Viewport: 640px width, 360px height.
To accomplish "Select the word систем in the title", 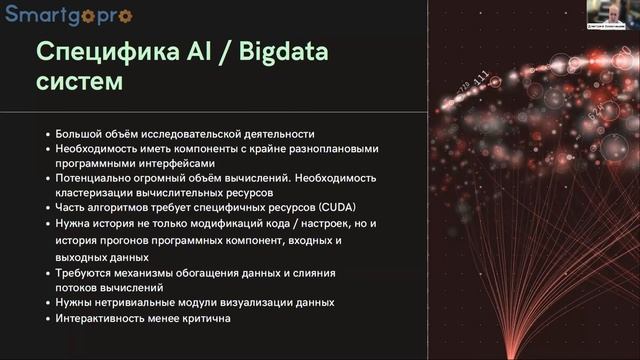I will click(80, 83).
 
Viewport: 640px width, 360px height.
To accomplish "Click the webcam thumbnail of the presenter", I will click(614, 15).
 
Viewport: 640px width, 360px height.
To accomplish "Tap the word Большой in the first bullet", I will click(78, 133).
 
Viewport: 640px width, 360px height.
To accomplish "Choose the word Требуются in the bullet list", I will click(84, 272).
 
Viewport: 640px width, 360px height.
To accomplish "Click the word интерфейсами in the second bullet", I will click(182, 163).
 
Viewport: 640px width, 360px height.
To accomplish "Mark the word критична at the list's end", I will click(206, 318).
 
